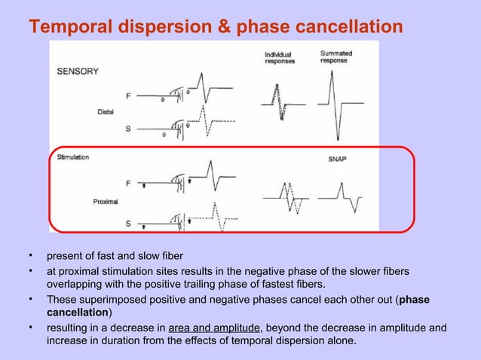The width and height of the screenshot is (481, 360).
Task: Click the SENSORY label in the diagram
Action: coord(78,72)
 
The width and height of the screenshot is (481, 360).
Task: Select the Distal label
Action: coord(106,111)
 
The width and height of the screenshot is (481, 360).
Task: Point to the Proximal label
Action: coord(106,202)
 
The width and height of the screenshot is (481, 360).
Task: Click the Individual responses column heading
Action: coord(279,58)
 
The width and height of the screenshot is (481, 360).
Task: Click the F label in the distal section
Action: coord(127,96)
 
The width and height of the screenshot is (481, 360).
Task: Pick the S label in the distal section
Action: coord(127,129)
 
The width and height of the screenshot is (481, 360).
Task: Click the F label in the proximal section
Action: coord(127,182)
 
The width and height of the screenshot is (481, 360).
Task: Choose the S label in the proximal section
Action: coord(127,224)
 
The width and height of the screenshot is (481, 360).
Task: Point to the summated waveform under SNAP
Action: coord(339,197)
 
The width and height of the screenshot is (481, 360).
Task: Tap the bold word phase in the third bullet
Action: coord(415,299)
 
